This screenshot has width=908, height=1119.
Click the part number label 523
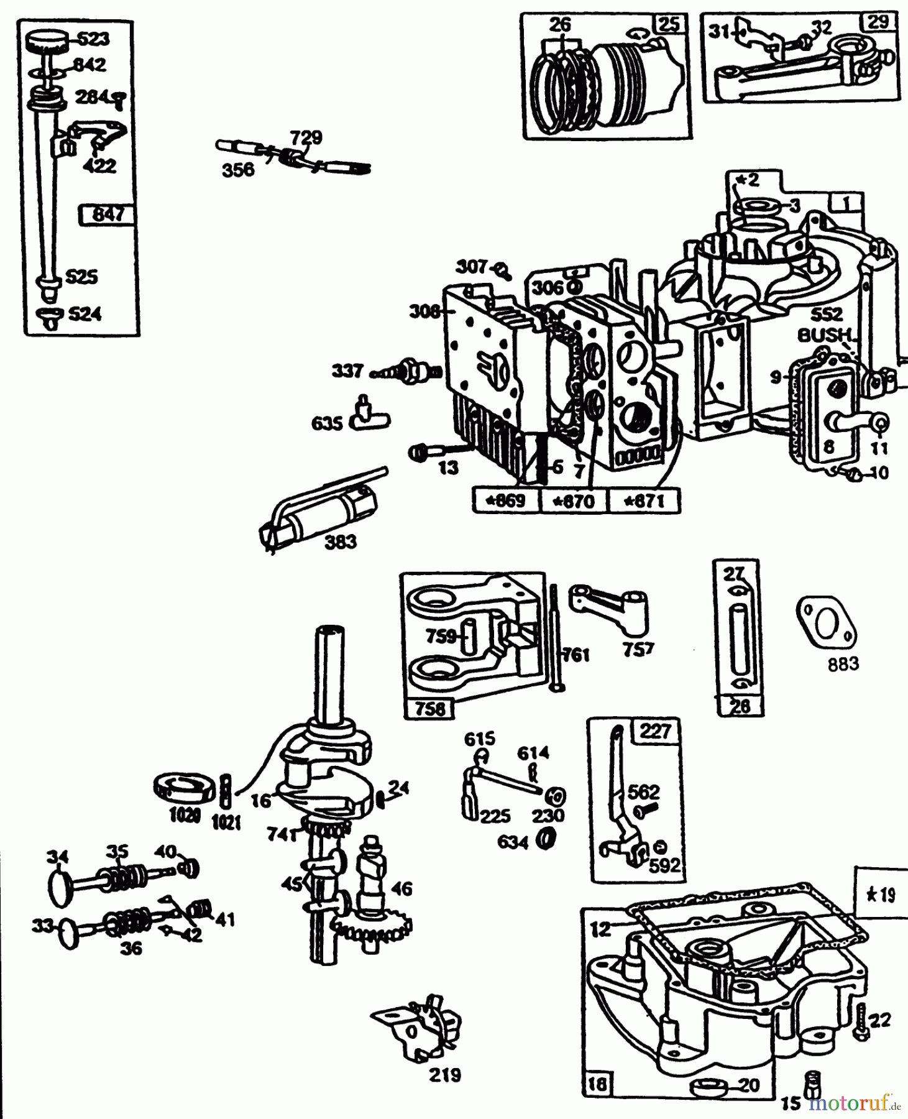(x=93, y=39)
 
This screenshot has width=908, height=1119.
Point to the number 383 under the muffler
(x=341, y=542)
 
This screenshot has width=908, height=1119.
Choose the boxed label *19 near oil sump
(x=881, y=895)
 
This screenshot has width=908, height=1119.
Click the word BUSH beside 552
(x=823, y=335)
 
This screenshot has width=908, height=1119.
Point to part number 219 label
(x=445, y=1074)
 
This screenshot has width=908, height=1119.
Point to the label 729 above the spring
(x=306, y=137)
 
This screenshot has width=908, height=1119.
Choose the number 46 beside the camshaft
(x=401, y=888)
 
